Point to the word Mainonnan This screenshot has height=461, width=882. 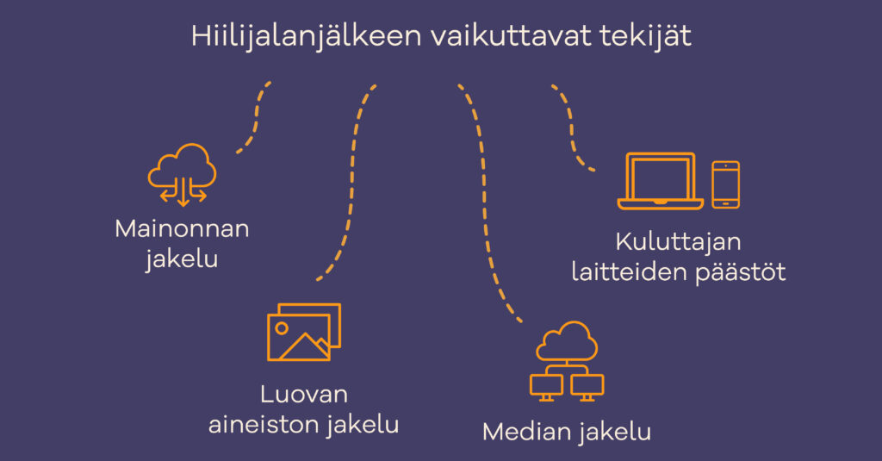click(182, 229)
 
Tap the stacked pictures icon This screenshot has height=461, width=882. click(303, 331)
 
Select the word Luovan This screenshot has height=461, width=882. click(303, 395)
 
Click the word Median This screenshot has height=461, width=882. click(525, 432)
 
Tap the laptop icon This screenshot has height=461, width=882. click(661, 181)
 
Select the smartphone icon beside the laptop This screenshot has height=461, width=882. click(725, 184)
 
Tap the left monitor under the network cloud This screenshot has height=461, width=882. click(544, 385)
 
